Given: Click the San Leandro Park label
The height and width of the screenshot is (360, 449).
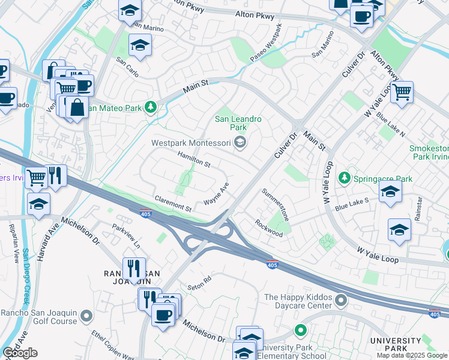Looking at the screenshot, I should (x=238, y=123).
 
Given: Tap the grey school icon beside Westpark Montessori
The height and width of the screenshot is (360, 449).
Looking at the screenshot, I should (x=240, y=142).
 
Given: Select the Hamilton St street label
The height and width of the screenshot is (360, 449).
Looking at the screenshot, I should (x=194, y=160).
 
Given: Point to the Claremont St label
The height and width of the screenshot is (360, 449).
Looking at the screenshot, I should (x=172, y=204).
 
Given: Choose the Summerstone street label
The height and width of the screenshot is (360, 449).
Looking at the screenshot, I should (x=276, y=205).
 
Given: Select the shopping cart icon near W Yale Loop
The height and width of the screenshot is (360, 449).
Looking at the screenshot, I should (x=402, y=92).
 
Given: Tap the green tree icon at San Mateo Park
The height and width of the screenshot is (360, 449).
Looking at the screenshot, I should (x=151, y=108).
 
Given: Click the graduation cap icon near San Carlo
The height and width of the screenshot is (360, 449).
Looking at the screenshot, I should (x=140, y=45).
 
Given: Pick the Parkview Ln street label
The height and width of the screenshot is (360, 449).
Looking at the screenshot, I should (x=127, y=236).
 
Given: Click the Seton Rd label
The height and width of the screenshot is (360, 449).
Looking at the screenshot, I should (x=199, y=280).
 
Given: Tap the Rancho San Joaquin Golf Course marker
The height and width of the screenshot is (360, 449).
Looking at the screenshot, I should (x=87, y=315).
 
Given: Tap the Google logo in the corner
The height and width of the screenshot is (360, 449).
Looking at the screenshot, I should (x=20, y=353).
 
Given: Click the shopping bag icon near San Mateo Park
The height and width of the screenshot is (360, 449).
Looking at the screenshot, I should (x=77, y=107).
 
